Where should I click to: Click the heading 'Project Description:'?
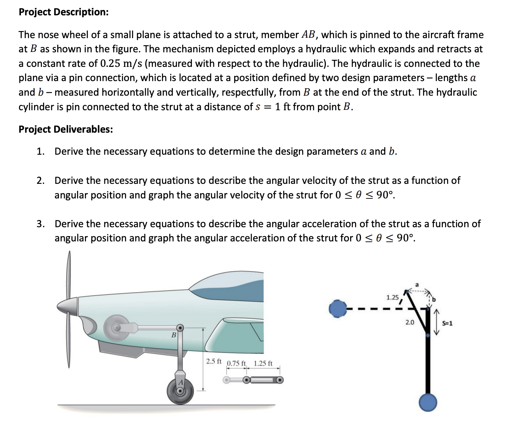(x=64, y=12)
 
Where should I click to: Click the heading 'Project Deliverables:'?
(x=65, y=129)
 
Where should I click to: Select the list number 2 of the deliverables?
(x=40, y=181)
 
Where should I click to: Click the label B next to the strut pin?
(x=174, y=335)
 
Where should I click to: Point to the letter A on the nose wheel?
(x=181, y=382)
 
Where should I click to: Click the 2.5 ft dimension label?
(x=214, y=361)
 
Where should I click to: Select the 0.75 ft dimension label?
(x=236, y=363)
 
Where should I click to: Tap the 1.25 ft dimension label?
(x=263, y=363)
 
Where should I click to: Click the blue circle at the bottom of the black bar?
(x=428, y=402)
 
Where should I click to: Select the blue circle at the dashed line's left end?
(x=338, y=309)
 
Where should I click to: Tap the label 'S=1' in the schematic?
(x=447, y=323)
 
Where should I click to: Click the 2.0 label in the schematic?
(x=410, y=322)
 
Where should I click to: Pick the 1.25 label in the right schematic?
(x=392, y=297)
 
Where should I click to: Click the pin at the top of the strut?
(x=180, y=328)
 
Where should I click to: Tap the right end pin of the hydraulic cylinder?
(x=280, y=380)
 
